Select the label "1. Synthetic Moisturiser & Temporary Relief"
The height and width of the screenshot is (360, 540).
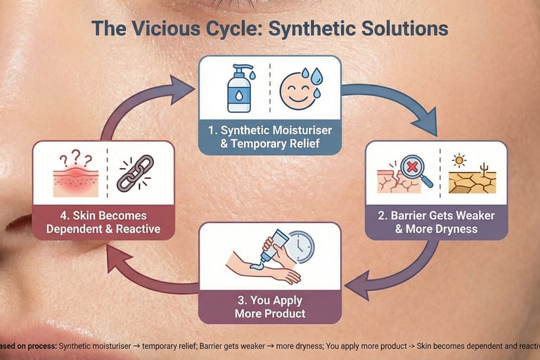click(x=270, y=138)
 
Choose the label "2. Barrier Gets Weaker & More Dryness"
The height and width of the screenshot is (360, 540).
click(x=435, y=221)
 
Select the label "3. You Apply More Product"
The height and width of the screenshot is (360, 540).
click(x=270, y=306)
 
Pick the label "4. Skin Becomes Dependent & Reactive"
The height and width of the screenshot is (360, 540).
click(x=103, y=221)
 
